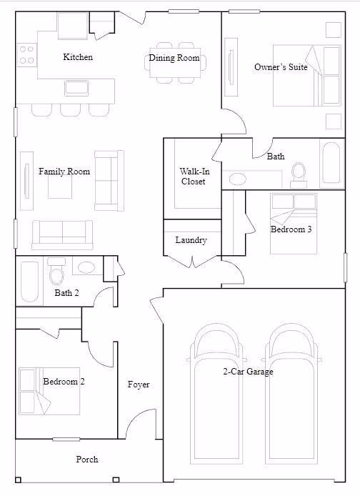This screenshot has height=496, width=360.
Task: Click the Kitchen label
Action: [x=78, y=57]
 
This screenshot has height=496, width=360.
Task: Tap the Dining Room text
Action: [x=174, y=58]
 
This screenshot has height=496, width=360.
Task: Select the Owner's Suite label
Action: [x=281, y=67]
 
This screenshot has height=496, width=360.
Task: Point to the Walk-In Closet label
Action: [x=194, y=177]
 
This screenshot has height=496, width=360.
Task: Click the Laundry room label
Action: [x=191, y=240]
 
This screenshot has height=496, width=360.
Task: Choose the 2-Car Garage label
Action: [x=248, y=372]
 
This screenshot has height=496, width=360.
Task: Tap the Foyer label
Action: [x=139, y=385]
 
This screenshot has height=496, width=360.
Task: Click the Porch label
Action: [x=87, y=460]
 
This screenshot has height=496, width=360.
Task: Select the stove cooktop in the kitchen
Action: [x=26, y=55]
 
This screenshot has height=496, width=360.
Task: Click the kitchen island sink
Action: [x=76, y=88]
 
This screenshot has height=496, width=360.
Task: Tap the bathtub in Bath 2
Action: [x=29, y=281]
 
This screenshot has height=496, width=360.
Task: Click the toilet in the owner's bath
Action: [x=299, y=175]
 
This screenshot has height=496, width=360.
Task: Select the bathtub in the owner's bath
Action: [x=331, y=164]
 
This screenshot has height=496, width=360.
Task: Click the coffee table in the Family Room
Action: [x=60, y=187]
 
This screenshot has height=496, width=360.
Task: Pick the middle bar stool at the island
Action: [x=71, y=110]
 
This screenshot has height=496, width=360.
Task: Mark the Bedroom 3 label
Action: [x=291, y=229]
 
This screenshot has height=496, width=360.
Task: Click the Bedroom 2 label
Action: [x=64, y=382]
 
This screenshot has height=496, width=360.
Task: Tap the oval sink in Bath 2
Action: [x=86, y=267]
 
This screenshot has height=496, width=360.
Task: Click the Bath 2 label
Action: [x=66, y=293]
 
